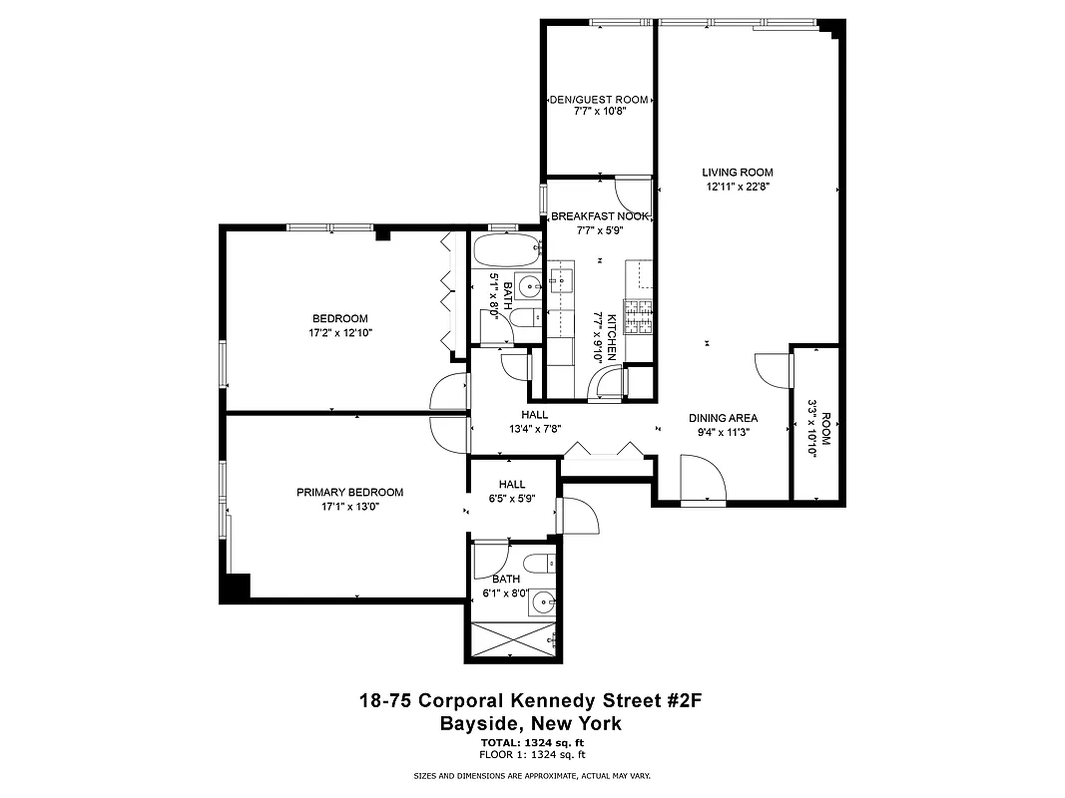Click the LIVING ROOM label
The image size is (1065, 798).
(737, 173)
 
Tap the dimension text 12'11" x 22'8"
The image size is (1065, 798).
(737, 186)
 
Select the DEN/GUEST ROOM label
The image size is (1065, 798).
(599, 100)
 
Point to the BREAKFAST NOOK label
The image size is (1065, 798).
(599, 216)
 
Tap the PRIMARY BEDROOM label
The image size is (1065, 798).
(349, 492)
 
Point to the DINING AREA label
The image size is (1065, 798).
(724, 418)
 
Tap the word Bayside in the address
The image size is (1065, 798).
(486, 724)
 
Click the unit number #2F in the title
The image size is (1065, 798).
(687, 702)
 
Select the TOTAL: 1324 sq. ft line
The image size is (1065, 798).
(532, 743)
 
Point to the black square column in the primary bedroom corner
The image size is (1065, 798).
(236, 588)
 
